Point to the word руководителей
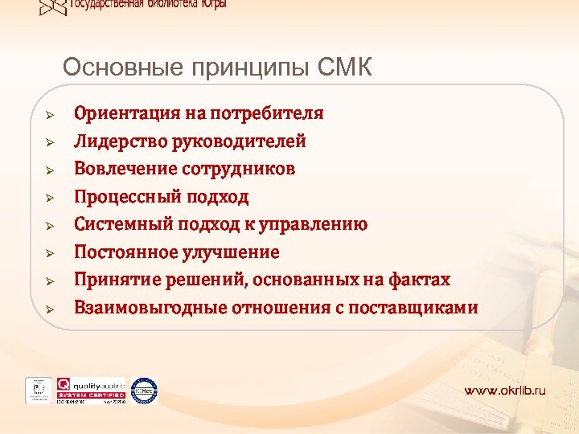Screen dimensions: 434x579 coord(239,141)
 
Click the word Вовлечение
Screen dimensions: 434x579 coord(125,169)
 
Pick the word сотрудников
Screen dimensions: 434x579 coord(239,169)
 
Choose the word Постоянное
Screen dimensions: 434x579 coord(124,252)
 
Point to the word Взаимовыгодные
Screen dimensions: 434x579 coord(150,308)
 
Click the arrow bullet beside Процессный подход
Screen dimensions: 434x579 coord(49,197)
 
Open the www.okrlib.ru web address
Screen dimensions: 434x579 coord(504,391)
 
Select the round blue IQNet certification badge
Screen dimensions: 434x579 coord(144,390)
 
